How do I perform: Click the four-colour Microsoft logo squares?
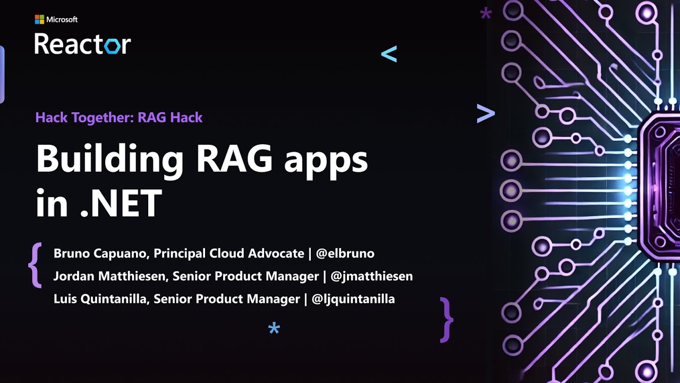(x=39, y=20)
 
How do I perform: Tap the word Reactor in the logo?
(x=82, y=44)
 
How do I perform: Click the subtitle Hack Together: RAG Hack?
(x=119, y=118)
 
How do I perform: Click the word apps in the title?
(x=326, y=161)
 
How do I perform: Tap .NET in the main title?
(x=121, y=203)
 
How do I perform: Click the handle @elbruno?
(x=345, y=253)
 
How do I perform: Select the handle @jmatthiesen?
(x=371, y=276)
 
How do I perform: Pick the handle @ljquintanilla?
(x=353, y=299)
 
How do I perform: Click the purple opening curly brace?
(x=36, y=265)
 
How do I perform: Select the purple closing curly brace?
(x=446, y=319)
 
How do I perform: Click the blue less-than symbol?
(x=389, y=54)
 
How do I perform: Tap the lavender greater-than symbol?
(x=486, y=113)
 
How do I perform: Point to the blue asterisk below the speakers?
(x=274, y=328)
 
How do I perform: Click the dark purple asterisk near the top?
(x=486, y=14)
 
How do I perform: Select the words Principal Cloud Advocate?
(x=229, y=253)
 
